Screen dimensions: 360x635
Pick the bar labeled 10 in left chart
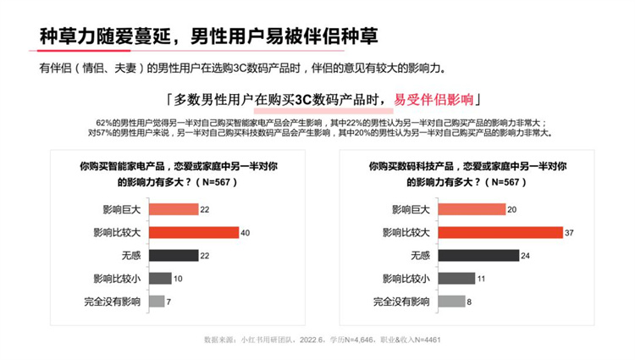tap(160, 278)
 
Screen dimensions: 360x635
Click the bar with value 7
tap(157, 301)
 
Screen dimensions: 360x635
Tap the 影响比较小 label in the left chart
tap(119, 278)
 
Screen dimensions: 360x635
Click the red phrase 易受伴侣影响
tap(435, 97)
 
